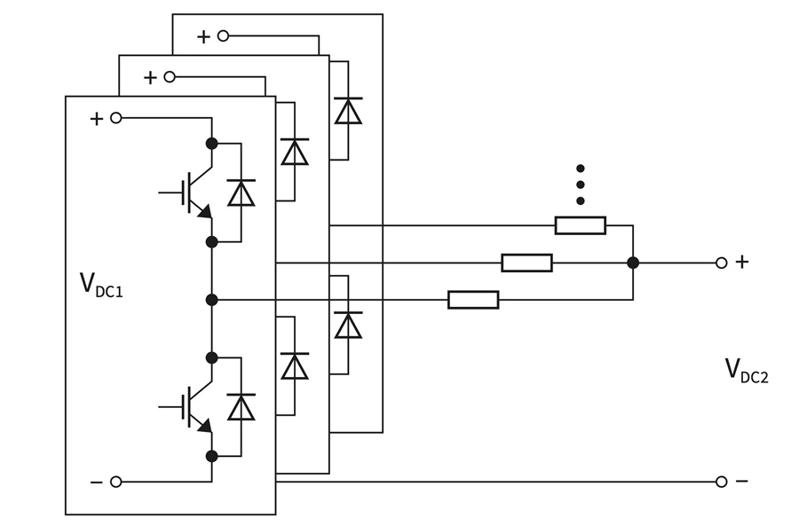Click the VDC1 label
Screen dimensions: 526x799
click(100, 285)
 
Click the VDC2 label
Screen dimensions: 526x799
click(746, 371)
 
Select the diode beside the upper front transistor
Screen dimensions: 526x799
click(241, 192)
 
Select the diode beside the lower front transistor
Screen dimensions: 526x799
click(241, 407)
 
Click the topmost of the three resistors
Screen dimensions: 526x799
click(581, 225)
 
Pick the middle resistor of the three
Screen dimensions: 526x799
click(526, 263)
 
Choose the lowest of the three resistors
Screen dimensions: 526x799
click(473, 300)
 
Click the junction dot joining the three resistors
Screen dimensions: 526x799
click(633, 263)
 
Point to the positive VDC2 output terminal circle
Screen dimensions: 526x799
click(722, 263)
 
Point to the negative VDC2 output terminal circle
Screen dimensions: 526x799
click(722, 482)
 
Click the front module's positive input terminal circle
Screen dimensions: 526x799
click(115, 118)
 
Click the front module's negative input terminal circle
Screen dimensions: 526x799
click(115, 482)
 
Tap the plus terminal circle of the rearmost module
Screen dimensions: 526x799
click(223, 35)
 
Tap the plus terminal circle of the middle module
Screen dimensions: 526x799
click(170, 76)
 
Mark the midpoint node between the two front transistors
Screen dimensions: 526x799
click(211, 300)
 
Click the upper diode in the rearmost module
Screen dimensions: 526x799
click(348, 111)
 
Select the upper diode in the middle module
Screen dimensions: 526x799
click(295, 152)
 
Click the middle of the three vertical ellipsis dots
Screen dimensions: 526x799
click(581, 184)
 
